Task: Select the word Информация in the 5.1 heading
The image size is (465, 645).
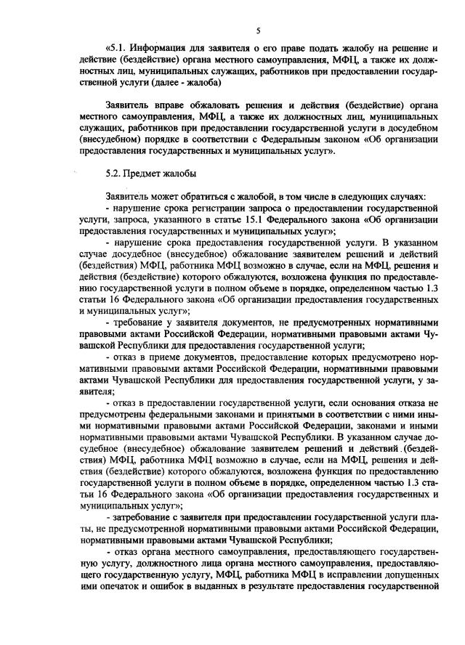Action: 163,47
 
